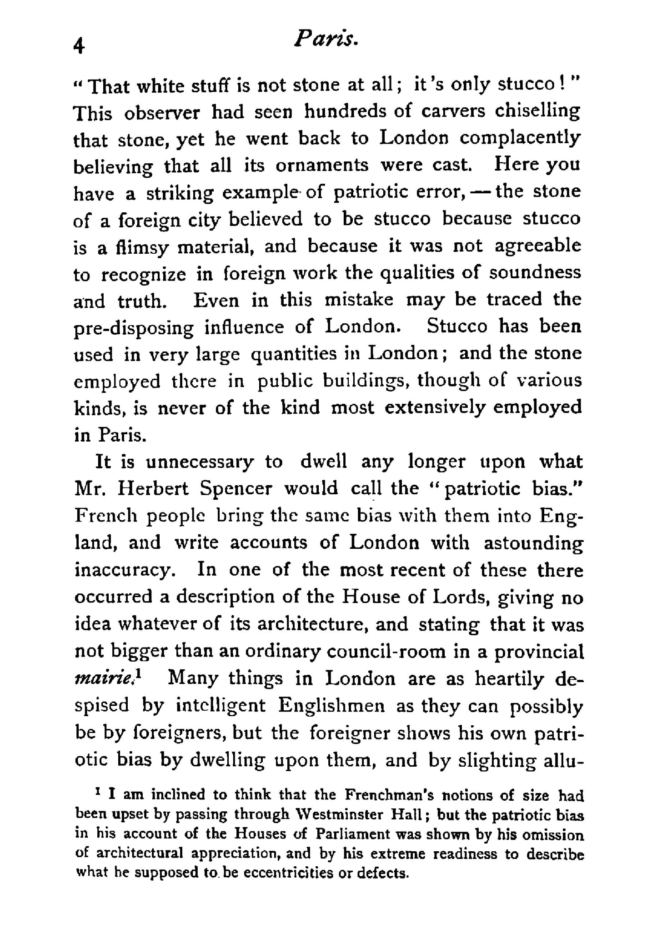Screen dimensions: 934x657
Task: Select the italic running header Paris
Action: tap(327, 40)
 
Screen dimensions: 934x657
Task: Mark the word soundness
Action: tap(535, 273)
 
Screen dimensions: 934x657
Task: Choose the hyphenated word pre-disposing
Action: tap(133, 328)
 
